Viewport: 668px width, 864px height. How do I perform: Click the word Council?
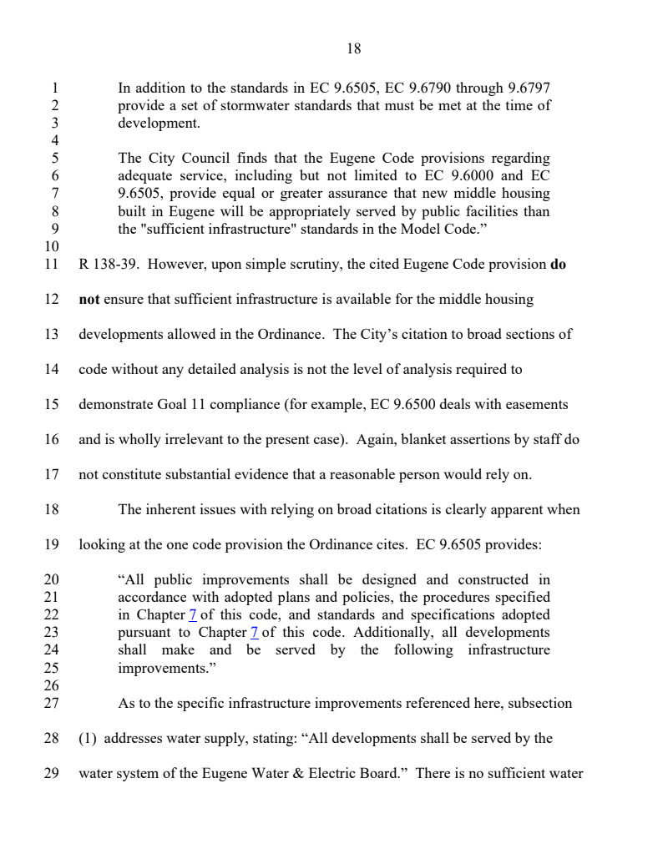(x=204, y=158)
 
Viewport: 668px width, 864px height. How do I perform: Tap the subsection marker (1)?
(x=89, y=737)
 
